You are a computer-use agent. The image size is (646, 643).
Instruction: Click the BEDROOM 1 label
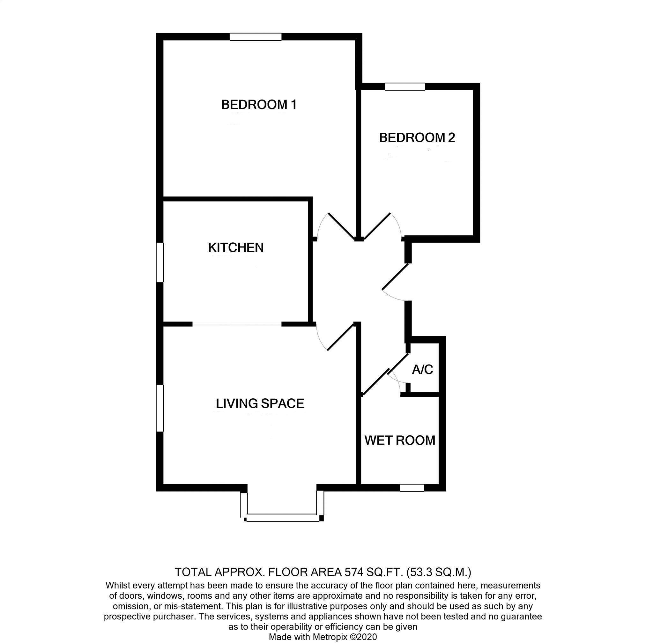point(259,105)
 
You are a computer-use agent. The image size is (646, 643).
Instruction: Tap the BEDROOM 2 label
point(417,138)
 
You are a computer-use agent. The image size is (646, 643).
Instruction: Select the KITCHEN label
point(236,248)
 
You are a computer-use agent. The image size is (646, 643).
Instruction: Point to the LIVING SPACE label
point(260,403)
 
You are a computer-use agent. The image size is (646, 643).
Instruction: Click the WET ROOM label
point(400,440)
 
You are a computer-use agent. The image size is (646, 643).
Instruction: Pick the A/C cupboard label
point(422,370)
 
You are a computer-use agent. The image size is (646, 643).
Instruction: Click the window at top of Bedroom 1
point(256,37)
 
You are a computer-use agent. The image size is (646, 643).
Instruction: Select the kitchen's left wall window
point(160,262)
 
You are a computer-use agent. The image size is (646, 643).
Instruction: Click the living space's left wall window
point(160,408)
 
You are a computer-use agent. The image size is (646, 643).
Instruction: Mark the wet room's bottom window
point(412,488)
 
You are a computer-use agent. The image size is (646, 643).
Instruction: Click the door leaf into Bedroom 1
point(342,226)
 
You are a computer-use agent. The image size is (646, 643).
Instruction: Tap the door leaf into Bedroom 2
point(377,226)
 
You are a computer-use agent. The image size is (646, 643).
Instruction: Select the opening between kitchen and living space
point(237,324)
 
